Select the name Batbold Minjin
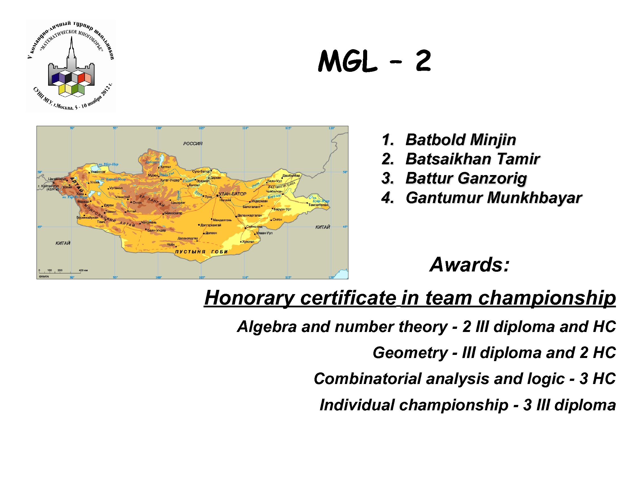pyautogui.click(x=461, y=140)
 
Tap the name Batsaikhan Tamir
pyautogui.click(x=472, y=159)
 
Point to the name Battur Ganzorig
pyautogui.click(x=466, y=178)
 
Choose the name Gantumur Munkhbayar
pyautogui.click(x=493, y=198)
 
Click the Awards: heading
pyautogui.click(x=469, y=265)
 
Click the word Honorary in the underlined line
pyautogui.click(x=249, y=298)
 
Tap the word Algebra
pyautogui.click(x=267, y=327)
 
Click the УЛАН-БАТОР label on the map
pyautogui.click(x=232, y=194)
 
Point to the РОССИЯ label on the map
pyautogui.click(x=193, y=144)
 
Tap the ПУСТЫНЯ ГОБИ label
pyautogui.click(x=202, y=252)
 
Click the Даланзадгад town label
pyautogui.click(x=187, y=238)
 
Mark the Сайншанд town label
pyautogui.click(x=254, y=227)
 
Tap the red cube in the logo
pyautogui.click(x=81, y=77)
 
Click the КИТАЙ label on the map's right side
pyautogui.click(x=322, y=227)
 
